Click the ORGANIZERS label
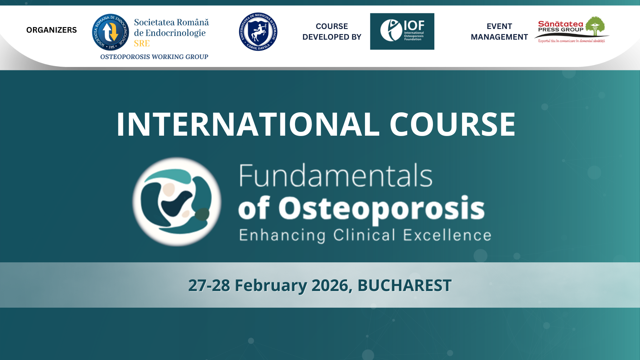point(51,30)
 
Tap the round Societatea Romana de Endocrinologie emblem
point(110,32)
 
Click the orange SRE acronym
point(142,43)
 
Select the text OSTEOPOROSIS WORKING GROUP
point(154,57)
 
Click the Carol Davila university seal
point(258,32)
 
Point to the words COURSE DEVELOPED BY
point(332,31)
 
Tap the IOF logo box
point(402,31)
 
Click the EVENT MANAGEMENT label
point(499,31)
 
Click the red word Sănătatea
point(561,24)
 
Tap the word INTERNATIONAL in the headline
point(248,124)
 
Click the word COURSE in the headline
point(452,124)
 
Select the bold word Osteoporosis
point(381,208)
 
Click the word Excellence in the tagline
point(447,235)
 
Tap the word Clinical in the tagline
point(364,235)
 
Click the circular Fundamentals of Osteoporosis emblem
point(177,202)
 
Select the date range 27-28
point(209,285)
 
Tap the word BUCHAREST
point(404,285)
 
